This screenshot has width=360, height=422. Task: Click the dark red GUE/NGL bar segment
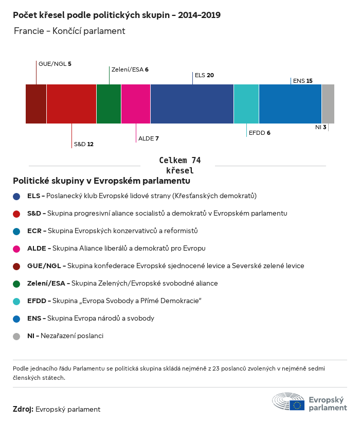tap(36, 103)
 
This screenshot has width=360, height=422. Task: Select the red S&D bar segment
tap(71, 103)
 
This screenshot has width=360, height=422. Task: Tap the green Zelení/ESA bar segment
tap(109, 103)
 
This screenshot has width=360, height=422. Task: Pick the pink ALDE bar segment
tap(136, 103)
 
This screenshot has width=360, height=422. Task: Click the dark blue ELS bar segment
tap(192, 103)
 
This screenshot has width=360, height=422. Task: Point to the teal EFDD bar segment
tap(246, 103)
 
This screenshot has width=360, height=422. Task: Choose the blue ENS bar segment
tap(290, 103)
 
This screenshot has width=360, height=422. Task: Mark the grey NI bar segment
tap(328, 103)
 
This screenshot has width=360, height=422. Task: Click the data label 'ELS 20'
tap(204, 75)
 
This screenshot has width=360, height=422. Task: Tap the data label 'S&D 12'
tap(83, 144)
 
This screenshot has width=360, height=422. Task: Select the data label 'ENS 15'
tap(302, 81)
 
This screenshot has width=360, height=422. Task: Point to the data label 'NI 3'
tap(320, 127)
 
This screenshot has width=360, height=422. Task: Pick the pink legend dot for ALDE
tap(16, 249)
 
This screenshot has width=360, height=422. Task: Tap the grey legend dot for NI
tap(16, 336)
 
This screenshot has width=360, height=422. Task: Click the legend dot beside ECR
tap(16, 231)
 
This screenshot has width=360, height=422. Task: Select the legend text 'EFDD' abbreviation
tap(36, 301)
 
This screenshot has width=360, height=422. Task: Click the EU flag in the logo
tap(297, 405)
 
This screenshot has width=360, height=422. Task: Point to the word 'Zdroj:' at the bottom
tap(23, 410)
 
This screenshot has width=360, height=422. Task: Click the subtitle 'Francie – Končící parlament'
tap(69, 31)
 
